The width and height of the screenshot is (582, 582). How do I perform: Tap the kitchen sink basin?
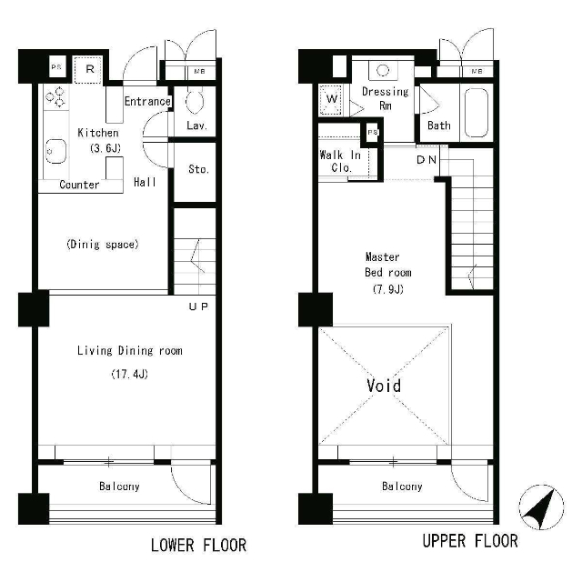coord(55,151)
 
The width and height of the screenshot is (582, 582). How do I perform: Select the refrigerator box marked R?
coord(88,70)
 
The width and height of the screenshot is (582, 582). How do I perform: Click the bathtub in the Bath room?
coord(477,113)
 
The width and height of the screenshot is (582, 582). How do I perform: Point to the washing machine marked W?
coord(330,99)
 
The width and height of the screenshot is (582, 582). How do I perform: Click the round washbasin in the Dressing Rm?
coord(383,70)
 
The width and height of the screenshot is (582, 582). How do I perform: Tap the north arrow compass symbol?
coord(541,507)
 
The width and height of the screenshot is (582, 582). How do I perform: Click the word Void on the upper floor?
coord(384,386)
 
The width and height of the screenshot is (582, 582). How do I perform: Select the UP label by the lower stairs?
coord(198,306)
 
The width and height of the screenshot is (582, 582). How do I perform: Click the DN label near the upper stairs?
coord(426,160)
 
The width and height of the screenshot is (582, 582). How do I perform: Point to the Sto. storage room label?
coord(198,169)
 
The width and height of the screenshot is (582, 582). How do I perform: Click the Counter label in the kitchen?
coord(79,185)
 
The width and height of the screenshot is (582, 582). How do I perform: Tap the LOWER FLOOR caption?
coord(198,546)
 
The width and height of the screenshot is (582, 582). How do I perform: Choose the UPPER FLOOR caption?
coord(470,541)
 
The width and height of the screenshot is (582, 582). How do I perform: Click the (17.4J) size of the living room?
coord(129,374)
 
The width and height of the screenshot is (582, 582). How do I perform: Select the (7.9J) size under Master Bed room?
coord(388,289)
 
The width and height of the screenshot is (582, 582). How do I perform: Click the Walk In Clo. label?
coord(340,161)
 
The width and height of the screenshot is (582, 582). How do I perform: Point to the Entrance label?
coord(147,101)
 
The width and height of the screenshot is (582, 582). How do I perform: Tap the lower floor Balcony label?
coord(119,487)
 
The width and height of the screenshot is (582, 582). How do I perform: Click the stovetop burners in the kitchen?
coord(55,96)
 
